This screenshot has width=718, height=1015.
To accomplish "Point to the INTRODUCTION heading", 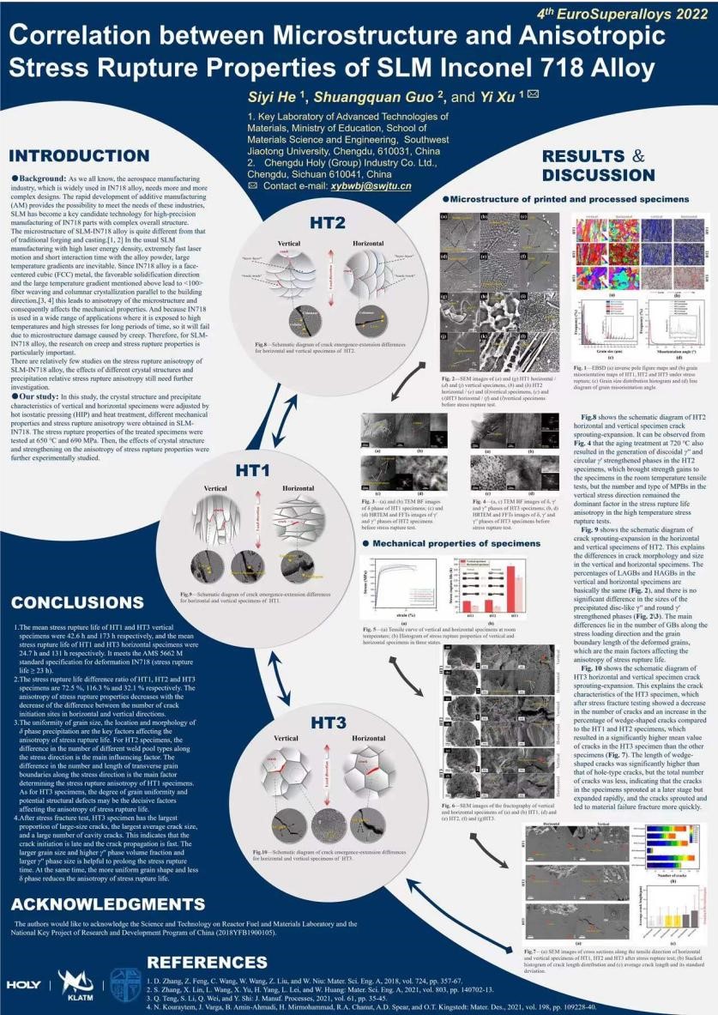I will (80, 156).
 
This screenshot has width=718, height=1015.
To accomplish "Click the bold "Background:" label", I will (43, 176).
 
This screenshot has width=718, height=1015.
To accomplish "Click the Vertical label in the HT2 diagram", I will (287, 244).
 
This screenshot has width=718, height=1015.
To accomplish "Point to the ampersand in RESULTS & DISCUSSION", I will (637, 156).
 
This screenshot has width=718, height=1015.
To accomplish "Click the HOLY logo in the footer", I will (23, 984).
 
